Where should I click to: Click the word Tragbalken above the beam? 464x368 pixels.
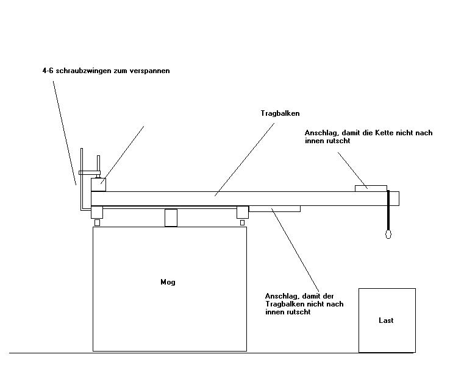tap(280, 113)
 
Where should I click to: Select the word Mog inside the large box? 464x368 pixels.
tap(168, 282)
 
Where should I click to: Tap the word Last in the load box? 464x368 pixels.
tap(386, 320)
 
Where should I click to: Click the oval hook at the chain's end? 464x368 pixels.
tap(388, 233)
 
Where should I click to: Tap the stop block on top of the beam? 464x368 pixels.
tap(371, 188)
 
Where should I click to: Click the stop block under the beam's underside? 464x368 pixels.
tap(274, 208)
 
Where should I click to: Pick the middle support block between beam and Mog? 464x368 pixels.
tap(171, 218)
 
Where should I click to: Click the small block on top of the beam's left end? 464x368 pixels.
tap(98, 183)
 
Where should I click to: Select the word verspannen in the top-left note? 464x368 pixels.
tap(151, 71)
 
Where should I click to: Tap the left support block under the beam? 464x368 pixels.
tap(96, 211)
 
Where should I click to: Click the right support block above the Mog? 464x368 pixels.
tap(243, 211)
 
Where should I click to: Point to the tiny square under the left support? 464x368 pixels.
tap(97, 222)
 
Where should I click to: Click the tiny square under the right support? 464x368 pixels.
tap(242, 222)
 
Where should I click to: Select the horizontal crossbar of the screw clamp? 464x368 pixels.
tap(89, 172)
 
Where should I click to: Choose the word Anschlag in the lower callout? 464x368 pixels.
tap(280, 295)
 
